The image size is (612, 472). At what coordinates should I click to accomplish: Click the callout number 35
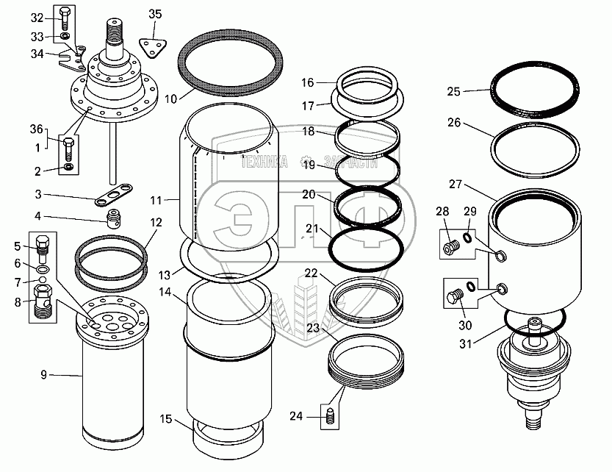coord(154,14)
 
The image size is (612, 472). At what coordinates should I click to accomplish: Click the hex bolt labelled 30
coord(452,298)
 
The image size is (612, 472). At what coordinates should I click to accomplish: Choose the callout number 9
coord(43,375)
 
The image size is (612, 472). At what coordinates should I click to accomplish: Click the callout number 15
coord(167,420)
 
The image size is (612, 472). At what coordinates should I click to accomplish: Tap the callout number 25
coord(453,92)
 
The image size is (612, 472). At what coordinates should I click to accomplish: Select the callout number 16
coord(307,82)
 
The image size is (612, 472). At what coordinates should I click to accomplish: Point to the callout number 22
coord(312,273)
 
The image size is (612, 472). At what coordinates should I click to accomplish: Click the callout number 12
coord(156,222)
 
